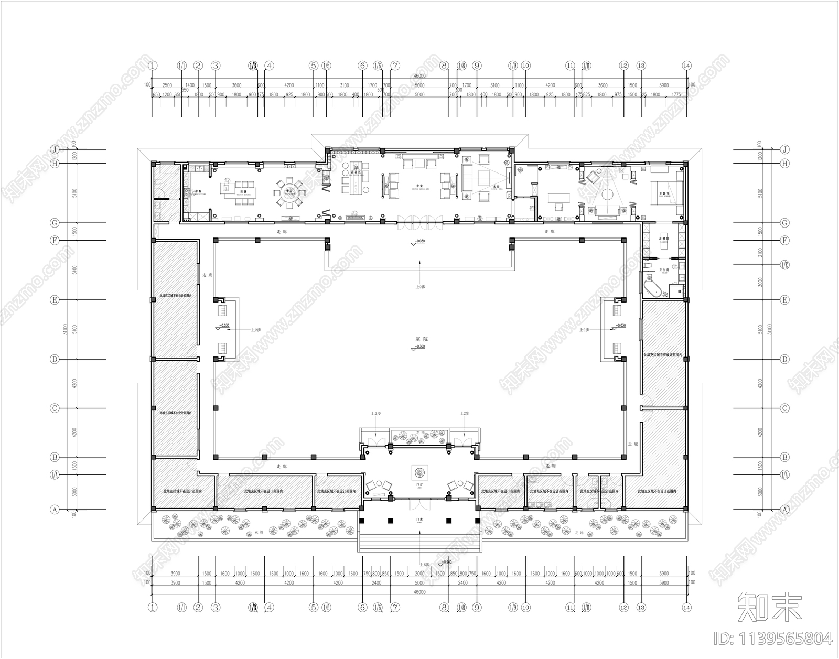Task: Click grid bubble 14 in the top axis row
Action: pyautogui.click(x=686, y=66)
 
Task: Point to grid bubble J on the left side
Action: pyautogui.click(x=54, y=149)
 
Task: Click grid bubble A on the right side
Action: pyautogui.click(x=784, y=509)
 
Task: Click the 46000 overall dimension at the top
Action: pyautogui.click(x=419, y=76)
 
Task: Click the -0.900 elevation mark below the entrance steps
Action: pyautogui.click(x=446, y=561)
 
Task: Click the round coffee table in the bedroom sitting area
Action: pyautogui.click(x=607, y=195)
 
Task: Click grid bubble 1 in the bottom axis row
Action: pyautogui.click(x=153, y=608)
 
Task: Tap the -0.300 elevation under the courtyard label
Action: pyautogui.click(x=419, y=347)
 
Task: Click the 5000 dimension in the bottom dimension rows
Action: pyautogui.click(x=419, y=582)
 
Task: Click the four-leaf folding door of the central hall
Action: pyautogui.click(x=419, y=223)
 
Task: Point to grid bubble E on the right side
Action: pyautogui.click(x=784, y=300)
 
